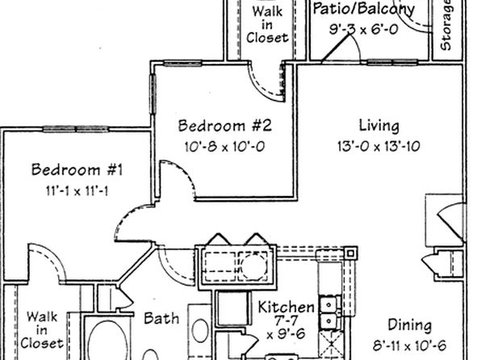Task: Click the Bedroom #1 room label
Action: (77, 170)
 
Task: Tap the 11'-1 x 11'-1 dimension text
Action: (77, 191)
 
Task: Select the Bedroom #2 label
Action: (225, 126)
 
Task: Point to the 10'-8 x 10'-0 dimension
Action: (225, 146)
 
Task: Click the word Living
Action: (379, 126)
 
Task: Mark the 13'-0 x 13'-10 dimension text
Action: (379, 146)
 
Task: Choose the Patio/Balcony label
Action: (363, 9)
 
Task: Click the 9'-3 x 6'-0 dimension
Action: (364, 30)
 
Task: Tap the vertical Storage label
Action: (445, 25)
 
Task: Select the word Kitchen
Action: (287, 307)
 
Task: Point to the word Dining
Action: (410, 325)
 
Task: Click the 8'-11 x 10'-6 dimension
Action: (410, 346)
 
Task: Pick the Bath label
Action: (161, 318)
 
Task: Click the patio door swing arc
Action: (356, 46)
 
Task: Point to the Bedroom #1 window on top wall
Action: (76, 129)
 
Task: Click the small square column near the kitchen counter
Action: (351, 253)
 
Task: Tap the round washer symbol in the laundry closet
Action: (253, 266)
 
